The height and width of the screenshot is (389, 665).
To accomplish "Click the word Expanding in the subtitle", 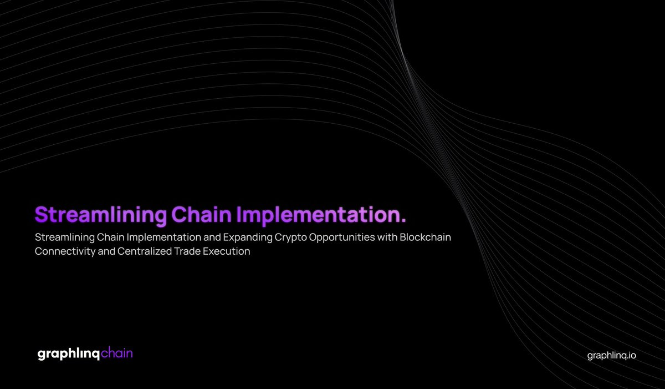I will click(x=243, y=238).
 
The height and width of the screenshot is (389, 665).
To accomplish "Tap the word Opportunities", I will click(x=347, y=238).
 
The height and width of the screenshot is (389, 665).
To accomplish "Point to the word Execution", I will click(x=229, y=251).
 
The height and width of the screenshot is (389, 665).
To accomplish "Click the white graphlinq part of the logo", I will click(x=68, y=354).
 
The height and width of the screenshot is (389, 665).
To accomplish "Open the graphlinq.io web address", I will click(x=612, y=356).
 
